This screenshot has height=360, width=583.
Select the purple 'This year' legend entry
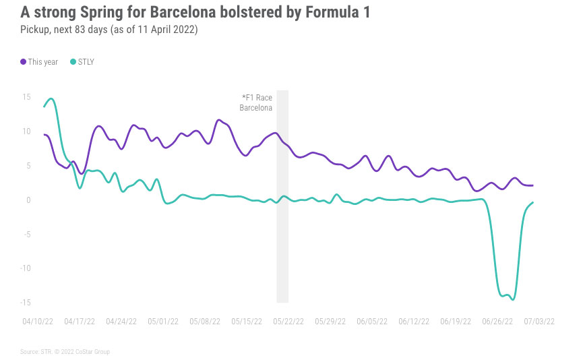40,62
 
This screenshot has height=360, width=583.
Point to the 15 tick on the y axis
26,97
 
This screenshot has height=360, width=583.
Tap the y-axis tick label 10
26,131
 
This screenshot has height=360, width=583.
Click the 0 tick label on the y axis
28,200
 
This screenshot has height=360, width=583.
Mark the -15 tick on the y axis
25,302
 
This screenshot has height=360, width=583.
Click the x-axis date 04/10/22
38,322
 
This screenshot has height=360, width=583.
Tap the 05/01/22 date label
163,322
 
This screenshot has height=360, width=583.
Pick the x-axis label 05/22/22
288,322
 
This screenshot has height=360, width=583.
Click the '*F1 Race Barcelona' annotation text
257,102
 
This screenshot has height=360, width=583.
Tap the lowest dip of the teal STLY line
513,299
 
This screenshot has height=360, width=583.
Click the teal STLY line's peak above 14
51,99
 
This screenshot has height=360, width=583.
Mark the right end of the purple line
533,185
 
